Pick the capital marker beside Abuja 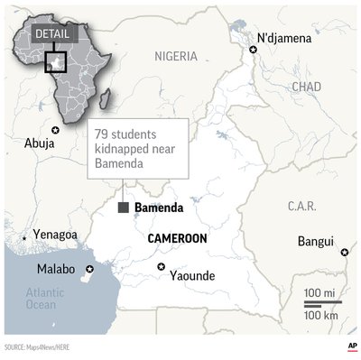pos(56,131)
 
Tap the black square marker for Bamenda pos(123,208)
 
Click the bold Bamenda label pos(158,208)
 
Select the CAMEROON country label pos(177,237)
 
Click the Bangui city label pos(315,242)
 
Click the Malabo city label pos(56,270)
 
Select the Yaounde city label pos(192,276)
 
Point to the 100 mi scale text pos(319,294)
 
